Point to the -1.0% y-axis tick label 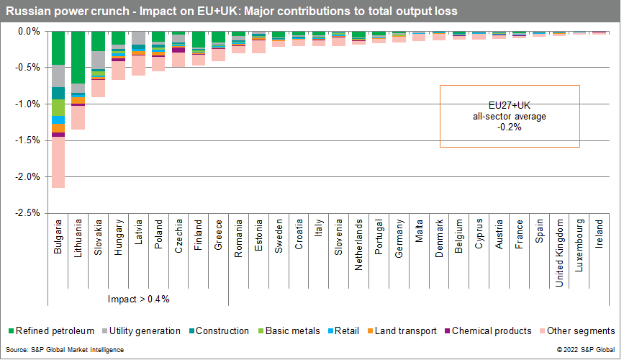28,104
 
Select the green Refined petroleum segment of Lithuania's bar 78,58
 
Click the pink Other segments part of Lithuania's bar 78,117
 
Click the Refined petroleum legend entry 50,331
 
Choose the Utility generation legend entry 141,331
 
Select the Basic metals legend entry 289,331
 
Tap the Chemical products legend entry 486,331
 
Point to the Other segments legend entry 576,331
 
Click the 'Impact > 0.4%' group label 138,298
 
